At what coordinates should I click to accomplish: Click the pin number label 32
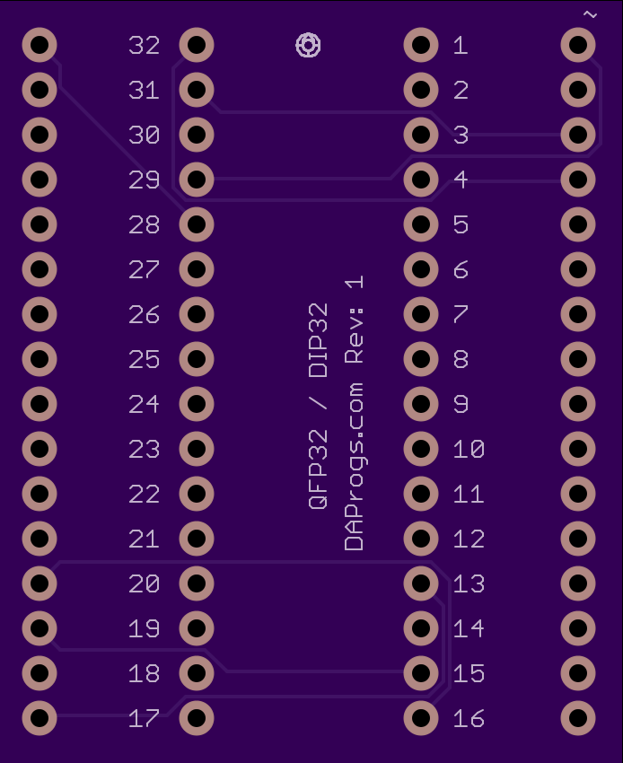tap(144, 45)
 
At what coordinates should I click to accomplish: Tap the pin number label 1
tap(461, 45)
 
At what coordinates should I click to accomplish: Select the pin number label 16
tap(469, 718)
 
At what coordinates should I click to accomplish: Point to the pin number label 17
tap(144, 718)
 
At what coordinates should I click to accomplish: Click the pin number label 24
tap(144, 404)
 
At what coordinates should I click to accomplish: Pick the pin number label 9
tap(461, 404)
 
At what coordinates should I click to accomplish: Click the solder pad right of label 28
tap(197, 224)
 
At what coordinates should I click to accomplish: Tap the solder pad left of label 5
tap(421, 224)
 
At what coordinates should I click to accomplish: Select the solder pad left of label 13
tap(421, 583)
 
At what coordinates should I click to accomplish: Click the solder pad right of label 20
tap(197, 583)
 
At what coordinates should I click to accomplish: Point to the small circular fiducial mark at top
tap(308, 45)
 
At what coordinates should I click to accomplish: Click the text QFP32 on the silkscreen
tap(319, 469)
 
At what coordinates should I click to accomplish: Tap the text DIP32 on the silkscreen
tap(319, 340)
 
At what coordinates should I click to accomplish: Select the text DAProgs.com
tap(354, 467)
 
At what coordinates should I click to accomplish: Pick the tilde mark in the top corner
tap(590, 14)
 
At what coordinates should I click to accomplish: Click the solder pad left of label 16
tap(421, 718)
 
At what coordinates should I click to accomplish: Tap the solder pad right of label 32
tap(197, 45)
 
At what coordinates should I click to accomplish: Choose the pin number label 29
tap(144, 180)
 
